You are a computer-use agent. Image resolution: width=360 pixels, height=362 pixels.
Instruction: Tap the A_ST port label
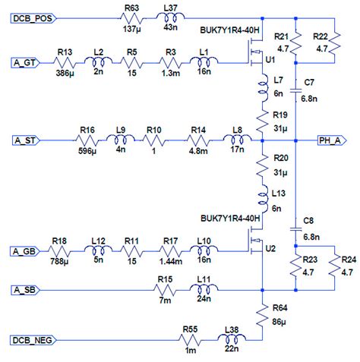tap(25, 140)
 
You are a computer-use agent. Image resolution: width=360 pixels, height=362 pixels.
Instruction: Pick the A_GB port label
tap(25, 250)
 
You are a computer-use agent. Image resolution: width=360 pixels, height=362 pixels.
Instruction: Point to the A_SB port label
tap(25, 289)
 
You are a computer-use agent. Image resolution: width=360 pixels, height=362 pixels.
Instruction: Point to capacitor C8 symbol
tap(295, 227)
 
